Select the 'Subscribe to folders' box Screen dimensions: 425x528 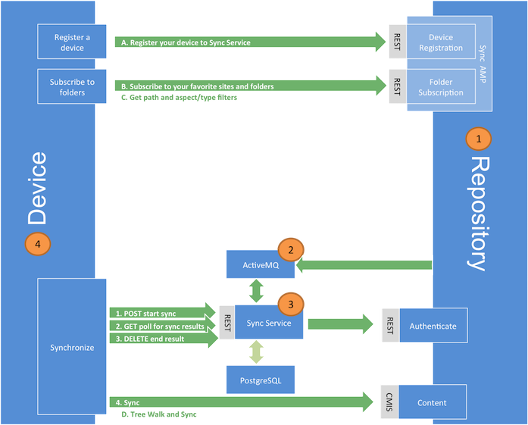pyautogui.click(x=72, y=87)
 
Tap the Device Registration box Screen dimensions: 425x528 pyautogui.click(x=440, y=42)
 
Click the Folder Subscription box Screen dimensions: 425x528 pyautogui.click(x=440, y=87)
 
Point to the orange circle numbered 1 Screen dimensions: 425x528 pyautogui.click(x=479, y=139)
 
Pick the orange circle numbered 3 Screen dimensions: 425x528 pyautogui.click(x=291, y=304)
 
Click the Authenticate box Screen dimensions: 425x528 pyautogui.click(x=433, y=326)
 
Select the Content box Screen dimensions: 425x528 pyautogui.click(x=433, y=403)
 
